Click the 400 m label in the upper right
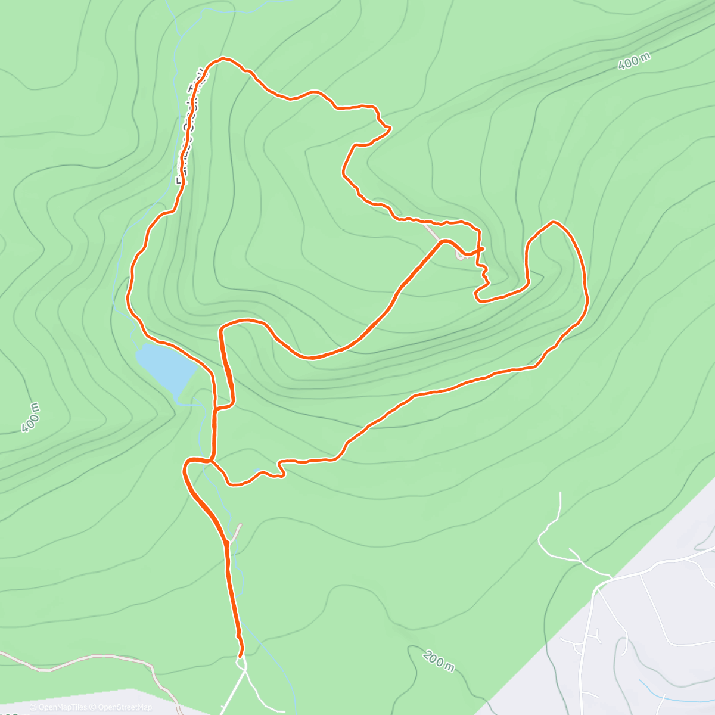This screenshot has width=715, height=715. [633, 61]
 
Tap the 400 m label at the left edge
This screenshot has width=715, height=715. [30, 416]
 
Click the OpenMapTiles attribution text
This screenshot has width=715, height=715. [59, 707]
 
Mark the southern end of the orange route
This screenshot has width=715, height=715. [241, 655]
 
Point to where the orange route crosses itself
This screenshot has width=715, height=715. [479, 248]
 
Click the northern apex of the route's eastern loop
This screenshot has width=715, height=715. [554, 222]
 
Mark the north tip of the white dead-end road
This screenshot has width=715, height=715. [561, 493]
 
